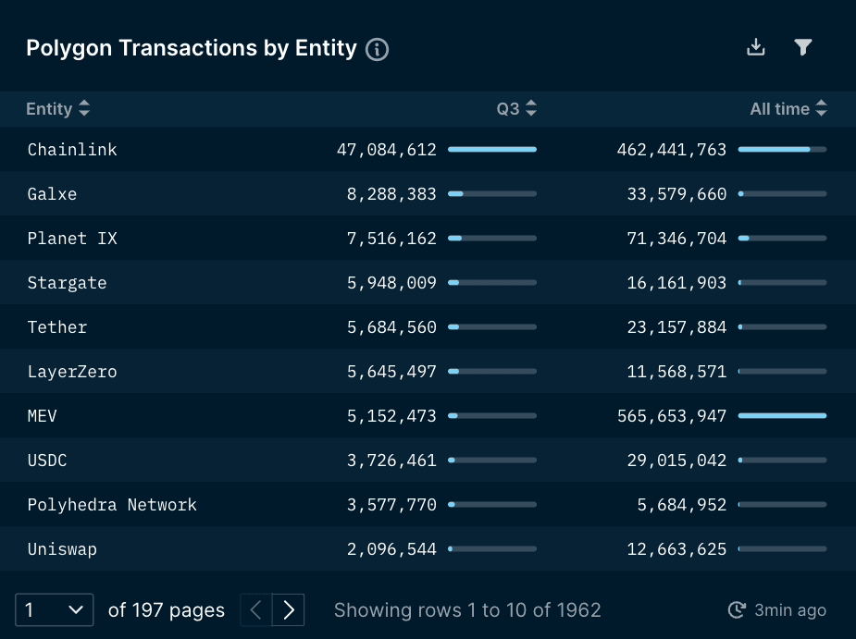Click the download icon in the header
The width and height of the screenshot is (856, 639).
click(756, 47)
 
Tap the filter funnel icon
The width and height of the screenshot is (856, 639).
click(803, 47)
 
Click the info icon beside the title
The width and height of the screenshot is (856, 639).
click(377, 49)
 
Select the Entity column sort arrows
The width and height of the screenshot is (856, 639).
click(84, 109)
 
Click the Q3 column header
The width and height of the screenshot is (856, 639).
click(508, 109)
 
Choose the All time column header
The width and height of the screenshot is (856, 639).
click(779, 109)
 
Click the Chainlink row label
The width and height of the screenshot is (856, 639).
click(72, 150)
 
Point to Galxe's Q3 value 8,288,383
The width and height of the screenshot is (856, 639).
click(391, 194)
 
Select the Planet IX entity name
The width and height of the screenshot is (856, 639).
click(72, 239)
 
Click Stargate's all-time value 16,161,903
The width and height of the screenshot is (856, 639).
click(676, 283)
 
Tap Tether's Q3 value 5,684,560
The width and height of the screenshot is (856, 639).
click(391, 327)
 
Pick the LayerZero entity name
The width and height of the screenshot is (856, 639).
click(72, 372)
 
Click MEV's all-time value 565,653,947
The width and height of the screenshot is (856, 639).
click(672, 416)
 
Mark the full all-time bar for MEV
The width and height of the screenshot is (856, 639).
click(782, 416)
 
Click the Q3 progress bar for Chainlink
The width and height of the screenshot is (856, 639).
click(491, 149)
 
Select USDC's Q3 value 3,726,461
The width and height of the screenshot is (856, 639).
click(391, 461)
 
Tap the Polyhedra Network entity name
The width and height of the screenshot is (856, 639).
click(112, 505)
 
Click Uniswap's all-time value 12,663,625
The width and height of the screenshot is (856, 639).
click(676, 549)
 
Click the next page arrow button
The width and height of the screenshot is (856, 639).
click(289, 610)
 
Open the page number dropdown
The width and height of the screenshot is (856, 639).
click(55, 610)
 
